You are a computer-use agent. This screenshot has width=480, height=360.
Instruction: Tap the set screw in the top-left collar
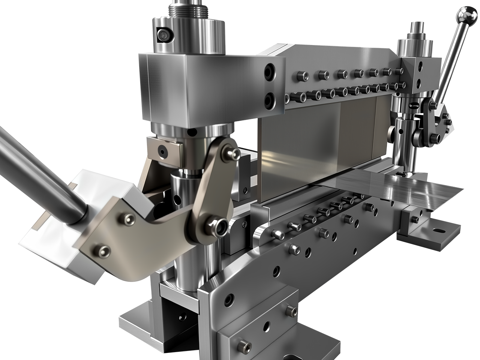162,35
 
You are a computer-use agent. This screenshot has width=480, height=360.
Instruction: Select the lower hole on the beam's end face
269,99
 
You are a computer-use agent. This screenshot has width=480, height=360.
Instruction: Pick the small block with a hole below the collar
164,149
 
